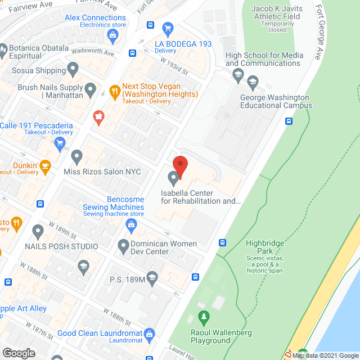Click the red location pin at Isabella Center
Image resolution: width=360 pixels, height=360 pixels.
pos(180,164)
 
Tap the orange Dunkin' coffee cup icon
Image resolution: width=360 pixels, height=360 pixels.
pos(45,165)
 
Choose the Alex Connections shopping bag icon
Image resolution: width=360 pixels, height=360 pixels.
pos(113,37)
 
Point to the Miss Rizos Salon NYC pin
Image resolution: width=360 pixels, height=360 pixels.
pos(76,156)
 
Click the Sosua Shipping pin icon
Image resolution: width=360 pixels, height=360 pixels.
pos(73,69)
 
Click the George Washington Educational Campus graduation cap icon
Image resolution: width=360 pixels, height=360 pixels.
pos(253,84)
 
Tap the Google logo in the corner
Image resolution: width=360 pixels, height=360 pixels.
pos(19,353)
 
